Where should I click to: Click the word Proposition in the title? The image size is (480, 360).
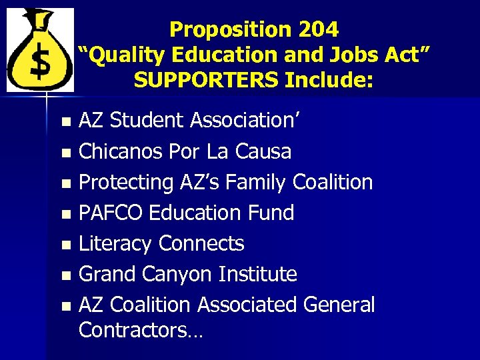tap(227, 29)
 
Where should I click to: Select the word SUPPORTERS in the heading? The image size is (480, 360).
tap(207, 80)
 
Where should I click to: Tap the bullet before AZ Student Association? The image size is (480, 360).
tap(65, 122)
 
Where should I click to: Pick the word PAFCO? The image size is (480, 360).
tap(111, 213)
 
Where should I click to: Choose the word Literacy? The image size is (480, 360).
tap(115, 243)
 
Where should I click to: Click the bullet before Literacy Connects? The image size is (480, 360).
tap(65, 245)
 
